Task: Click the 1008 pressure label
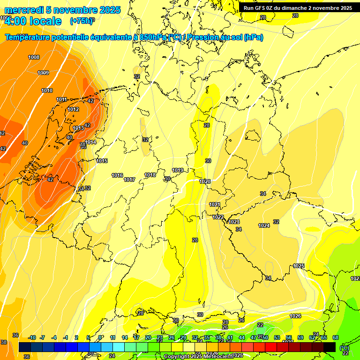coord(34,57)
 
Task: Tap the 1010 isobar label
coord(47,90)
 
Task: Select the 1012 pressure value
coord(73,109)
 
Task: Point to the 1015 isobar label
coord(102,161)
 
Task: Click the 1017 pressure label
coord(130,180)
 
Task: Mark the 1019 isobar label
coord(178,170)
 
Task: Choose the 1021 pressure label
coord(215,204)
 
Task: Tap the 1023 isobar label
coord(234,222)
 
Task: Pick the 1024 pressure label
coord(264,225)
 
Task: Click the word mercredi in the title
coord(23,10)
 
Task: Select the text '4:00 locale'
coord(32,21)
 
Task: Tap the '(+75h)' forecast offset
coord(81,21)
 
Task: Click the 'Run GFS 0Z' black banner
coord(298,8)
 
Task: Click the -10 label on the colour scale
coord(32,337)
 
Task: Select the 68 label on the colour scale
coord(336,337)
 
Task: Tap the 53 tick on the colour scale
coord(277,337)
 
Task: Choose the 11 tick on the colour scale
coord(113,337)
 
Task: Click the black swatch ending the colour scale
coord(330,347)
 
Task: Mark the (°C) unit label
coord(345,347)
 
